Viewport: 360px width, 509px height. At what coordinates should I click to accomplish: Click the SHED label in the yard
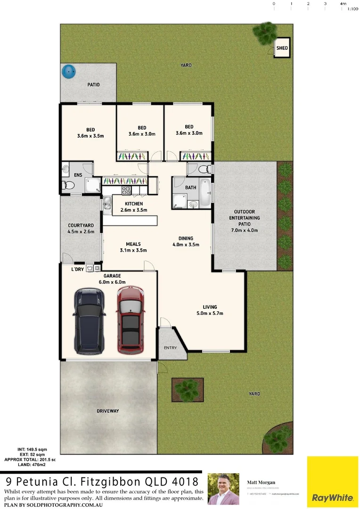click(x=282, y=48)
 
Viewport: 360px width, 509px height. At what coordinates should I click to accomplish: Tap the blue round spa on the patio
click(x=69, y=72)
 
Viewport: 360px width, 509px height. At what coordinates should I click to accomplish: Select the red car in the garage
click(x=130, y=319)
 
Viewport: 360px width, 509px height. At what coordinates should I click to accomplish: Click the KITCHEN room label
click(x=134, y=204)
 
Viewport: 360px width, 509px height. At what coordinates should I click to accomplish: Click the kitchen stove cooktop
click(x=127, y=190)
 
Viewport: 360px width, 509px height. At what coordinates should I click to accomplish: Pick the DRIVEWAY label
click(x=108, y=411)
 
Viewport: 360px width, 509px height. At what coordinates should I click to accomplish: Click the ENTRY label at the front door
click(x=170, y=348)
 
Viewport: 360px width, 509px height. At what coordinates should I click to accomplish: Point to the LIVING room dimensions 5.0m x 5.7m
click(x=210, y=313)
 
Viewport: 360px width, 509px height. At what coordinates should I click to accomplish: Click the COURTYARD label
click(x=81, y=225)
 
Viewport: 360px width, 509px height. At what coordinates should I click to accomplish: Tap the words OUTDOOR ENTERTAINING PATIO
click(x=244, y=218)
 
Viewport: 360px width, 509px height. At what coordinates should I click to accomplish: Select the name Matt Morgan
click(x=262, y=482)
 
